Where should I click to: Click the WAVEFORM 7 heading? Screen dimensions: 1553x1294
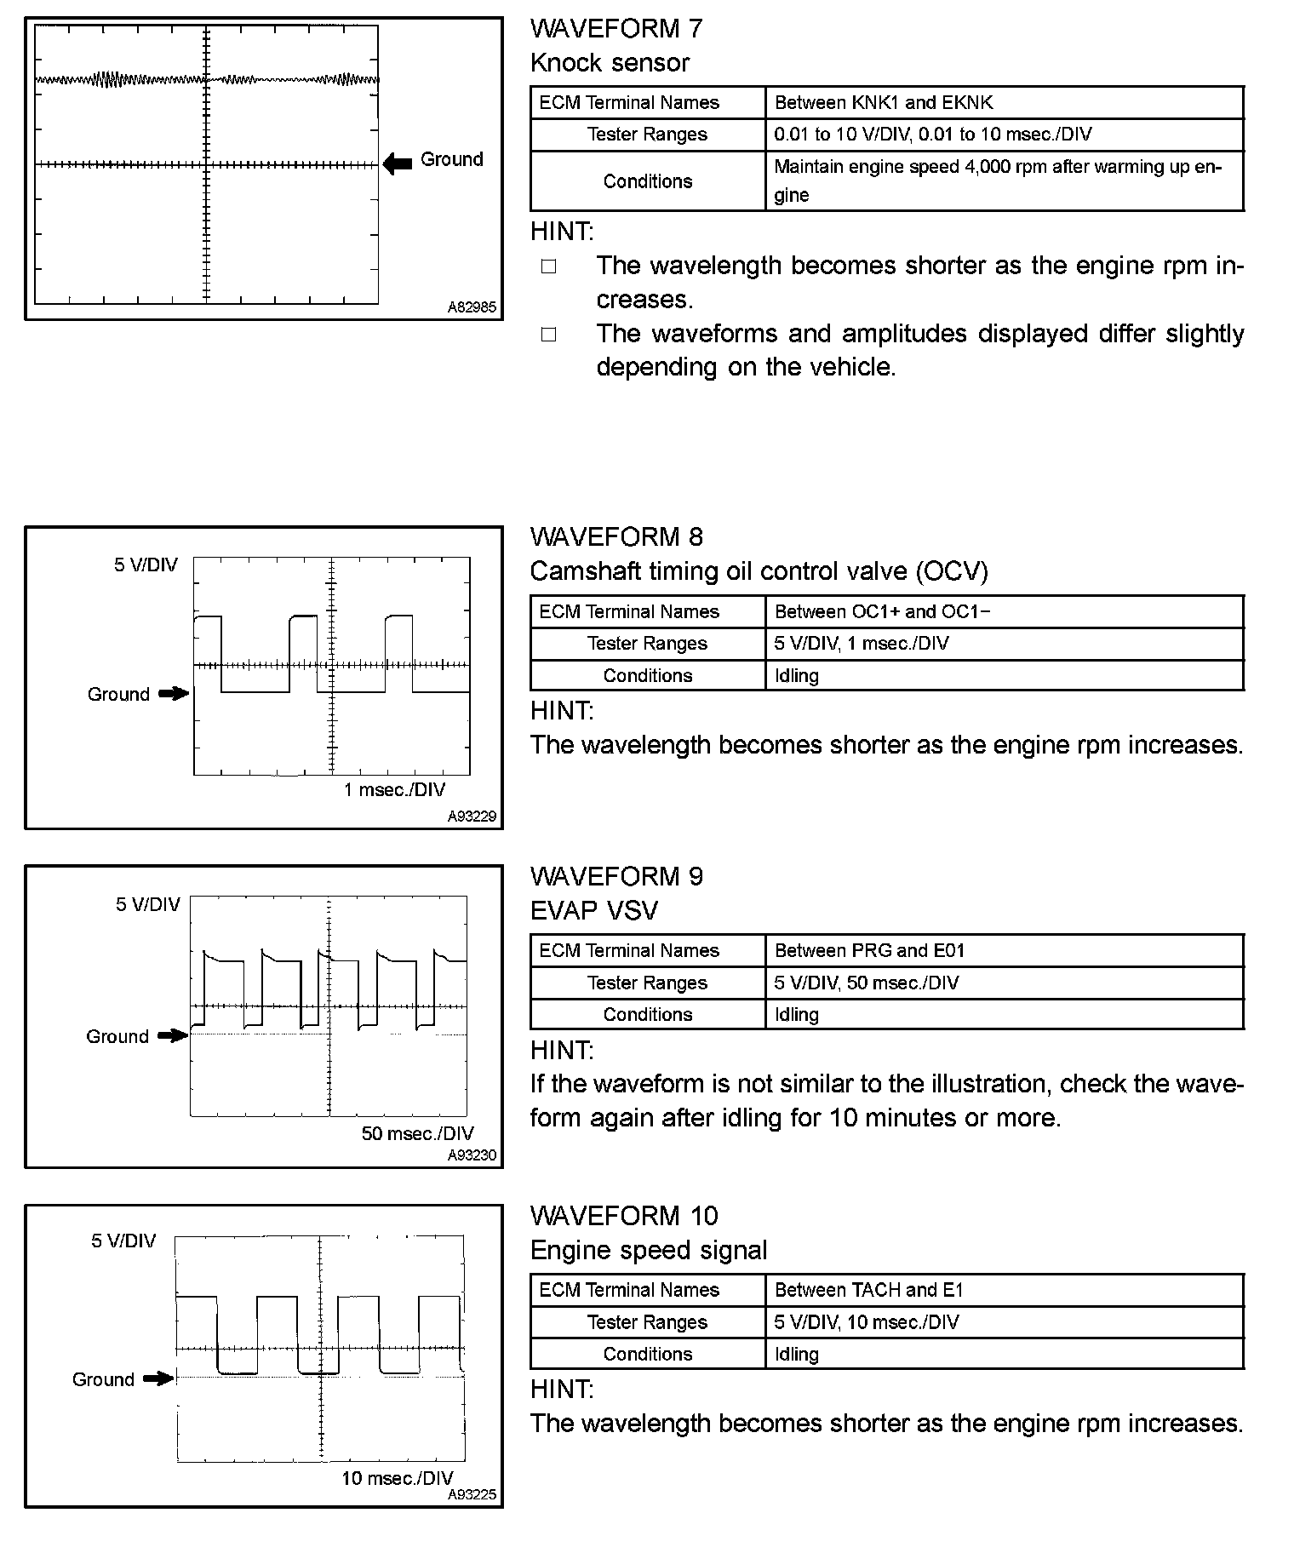point(616,28)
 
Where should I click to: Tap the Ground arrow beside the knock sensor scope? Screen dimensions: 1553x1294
point(398,163)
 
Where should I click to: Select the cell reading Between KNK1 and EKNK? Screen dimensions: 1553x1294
point(884,103)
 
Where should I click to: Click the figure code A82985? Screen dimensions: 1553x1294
point(472,307)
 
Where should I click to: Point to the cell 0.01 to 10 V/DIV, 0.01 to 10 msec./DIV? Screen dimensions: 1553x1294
point(933,135)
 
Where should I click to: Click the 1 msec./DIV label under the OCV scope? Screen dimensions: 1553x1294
point(394,789)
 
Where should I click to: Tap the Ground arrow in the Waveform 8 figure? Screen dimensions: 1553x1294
point(174,694)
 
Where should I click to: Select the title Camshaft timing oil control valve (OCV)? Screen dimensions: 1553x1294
point(759,570)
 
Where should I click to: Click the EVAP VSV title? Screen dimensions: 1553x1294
point(593,910)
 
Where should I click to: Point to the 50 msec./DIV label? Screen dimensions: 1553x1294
point(417,1133)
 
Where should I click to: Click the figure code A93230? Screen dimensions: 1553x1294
point(472,1155)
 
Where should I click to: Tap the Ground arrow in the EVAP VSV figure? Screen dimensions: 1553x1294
point(173,1036)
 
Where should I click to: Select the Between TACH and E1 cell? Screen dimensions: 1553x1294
point(868,1290)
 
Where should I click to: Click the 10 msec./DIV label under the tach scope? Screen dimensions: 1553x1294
point(397,1477)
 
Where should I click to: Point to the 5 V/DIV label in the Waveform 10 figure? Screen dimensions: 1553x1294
point(124,1241)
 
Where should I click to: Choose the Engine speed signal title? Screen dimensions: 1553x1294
point(648,1250)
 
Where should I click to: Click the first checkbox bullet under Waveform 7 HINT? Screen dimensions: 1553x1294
point(548,266)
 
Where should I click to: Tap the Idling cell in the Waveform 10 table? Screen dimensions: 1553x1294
point(796,1354)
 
